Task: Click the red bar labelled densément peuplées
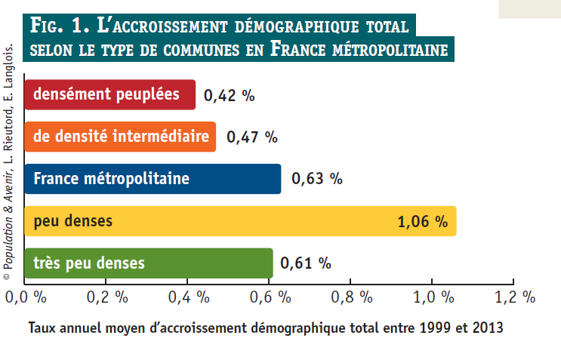tap(110, 95)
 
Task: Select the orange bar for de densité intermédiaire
tap(121, 137)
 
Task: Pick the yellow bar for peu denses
tap(227, 221)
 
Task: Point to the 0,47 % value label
tap(252, 137)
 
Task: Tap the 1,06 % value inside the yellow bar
tap(422, 222)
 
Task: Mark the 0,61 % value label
tap(306, 263)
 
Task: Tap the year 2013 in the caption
tap(486, 328)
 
